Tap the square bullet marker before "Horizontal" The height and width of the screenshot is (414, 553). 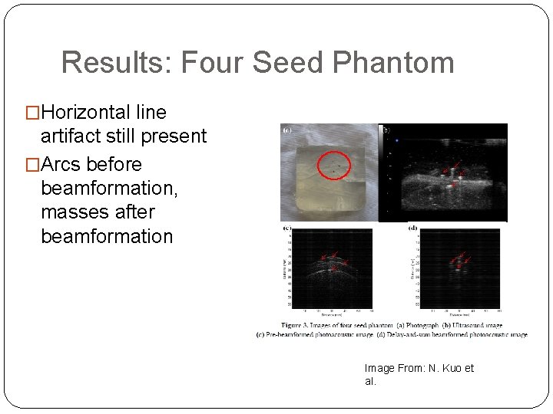[32, 113]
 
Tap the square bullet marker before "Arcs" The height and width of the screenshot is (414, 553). [32, 165]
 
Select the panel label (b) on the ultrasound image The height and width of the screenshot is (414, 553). [386, 130]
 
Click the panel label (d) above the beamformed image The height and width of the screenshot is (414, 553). [412, 228]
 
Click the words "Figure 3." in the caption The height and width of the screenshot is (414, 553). [298, 325]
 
